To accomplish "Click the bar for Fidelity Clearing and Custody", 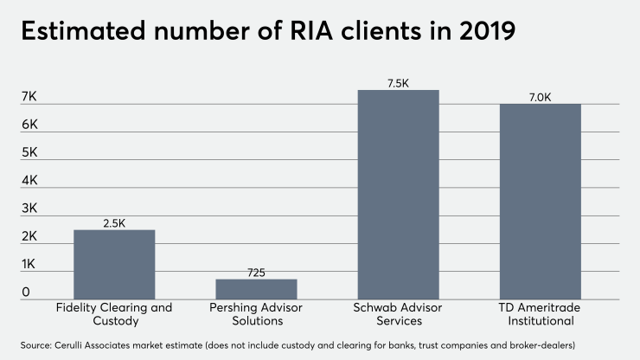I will [114, 264].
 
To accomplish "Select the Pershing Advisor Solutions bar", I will [256, 289].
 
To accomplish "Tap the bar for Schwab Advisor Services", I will [399, 195].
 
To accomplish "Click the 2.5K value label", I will [114, 223].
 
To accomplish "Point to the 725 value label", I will [256, 273].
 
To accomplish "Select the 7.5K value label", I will [399, 83].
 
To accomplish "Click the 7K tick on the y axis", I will [30, 97].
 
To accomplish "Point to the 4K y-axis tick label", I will [30, 181].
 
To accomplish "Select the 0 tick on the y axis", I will [26, 292].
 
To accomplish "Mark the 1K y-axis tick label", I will [30, 264].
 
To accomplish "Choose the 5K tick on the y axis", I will [30, 152].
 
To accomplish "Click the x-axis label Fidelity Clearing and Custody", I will [114, 314].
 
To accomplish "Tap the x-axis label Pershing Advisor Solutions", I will [256, 314].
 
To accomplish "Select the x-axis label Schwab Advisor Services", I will [399, 314].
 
